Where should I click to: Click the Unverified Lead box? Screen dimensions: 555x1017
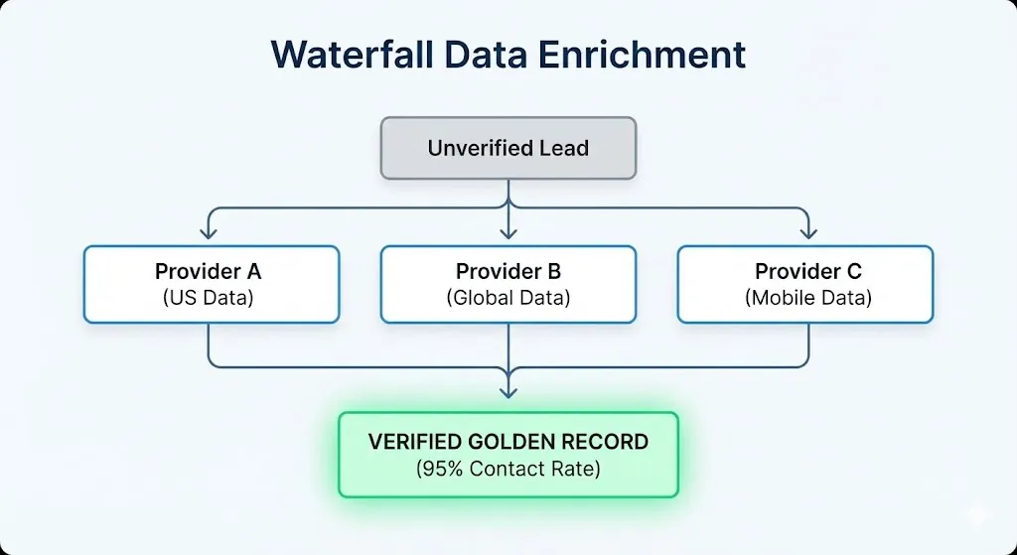pyautogui.click(x=508, y=148)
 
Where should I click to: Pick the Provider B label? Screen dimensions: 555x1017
pyautogui.click(x=508, y=272)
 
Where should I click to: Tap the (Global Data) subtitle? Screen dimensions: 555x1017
pyautogui.click(x=508, y=297)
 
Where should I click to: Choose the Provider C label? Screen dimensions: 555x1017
pyautogui.click(x=807, y=272)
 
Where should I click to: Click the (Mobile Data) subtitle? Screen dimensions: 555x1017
pyautogui.click(x=807, y=297)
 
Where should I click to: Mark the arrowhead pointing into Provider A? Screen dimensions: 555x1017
pyautogui.click(x=208, y=234)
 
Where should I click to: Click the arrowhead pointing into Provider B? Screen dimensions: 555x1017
pyautogui.click(x=508, y=234)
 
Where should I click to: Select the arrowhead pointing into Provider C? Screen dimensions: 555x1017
pyautogui.click(x=808, y=234)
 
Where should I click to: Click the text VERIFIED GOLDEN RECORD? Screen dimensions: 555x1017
pyautogui.click(x=508, y=442)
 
